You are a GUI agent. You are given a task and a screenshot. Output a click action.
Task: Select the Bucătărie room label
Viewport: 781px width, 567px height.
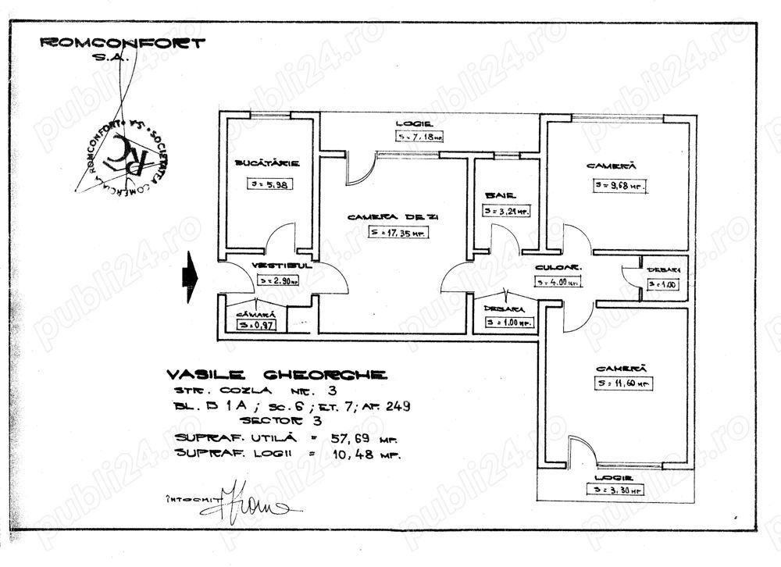point(267,163)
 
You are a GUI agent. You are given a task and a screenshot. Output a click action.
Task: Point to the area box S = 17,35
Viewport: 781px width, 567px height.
point(399,233)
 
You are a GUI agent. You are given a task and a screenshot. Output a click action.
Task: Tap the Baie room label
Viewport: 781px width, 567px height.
point(497,195)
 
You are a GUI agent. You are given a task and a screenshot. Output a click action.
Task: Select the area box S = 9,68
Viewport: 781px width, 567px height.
point(620,186)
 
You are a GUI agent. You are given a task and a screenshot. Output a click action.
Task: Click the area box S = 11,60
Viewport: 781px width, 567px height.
point(622,383)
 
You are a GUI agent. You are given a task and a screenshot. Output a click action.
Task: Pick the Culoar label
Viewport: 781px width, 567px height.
point(551,268)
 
